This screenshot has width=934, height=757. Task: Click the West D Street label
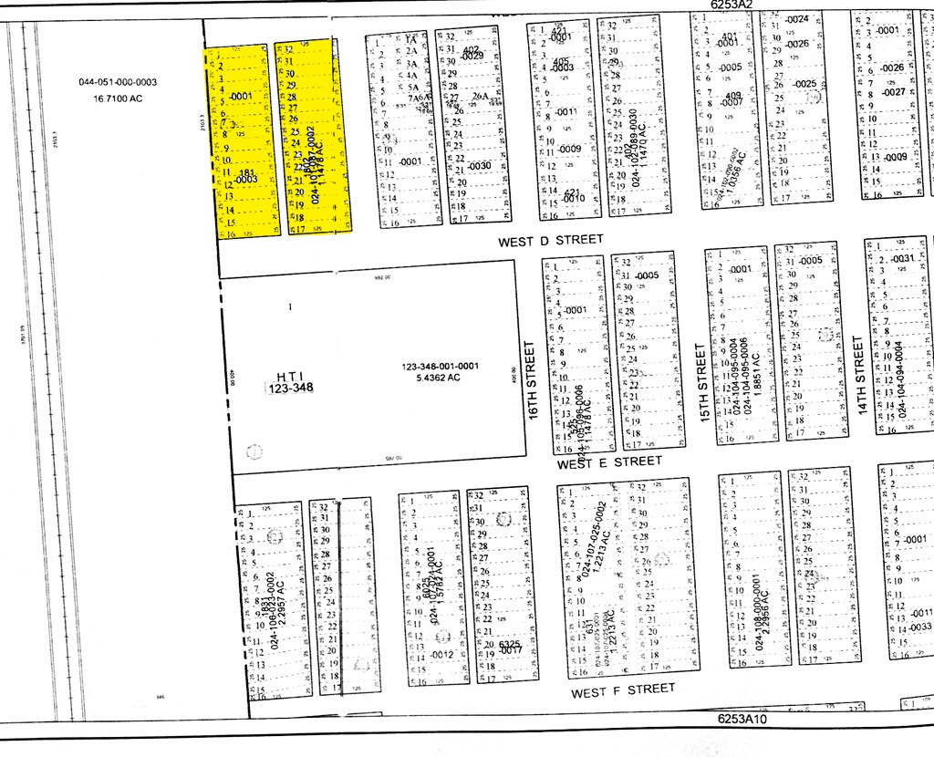(x=551, y=240)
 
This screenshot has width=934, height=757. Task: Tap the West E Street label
(x=609, y=462)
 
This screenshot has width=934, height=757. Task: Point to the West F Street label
(x=624, y=691)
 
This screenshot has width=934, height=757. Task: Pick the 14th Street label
(x=858, y=376)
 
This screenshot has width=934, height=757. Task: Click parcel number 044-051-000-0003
(x=118, y=82)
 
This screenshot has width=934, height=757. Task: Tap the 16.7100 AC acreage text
(x=118, y=97)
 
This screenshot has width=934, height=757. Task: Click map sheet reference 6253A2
(x=732, y=5)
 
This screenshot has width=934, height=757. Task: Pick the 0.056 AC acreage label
(x=742, y=168)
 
